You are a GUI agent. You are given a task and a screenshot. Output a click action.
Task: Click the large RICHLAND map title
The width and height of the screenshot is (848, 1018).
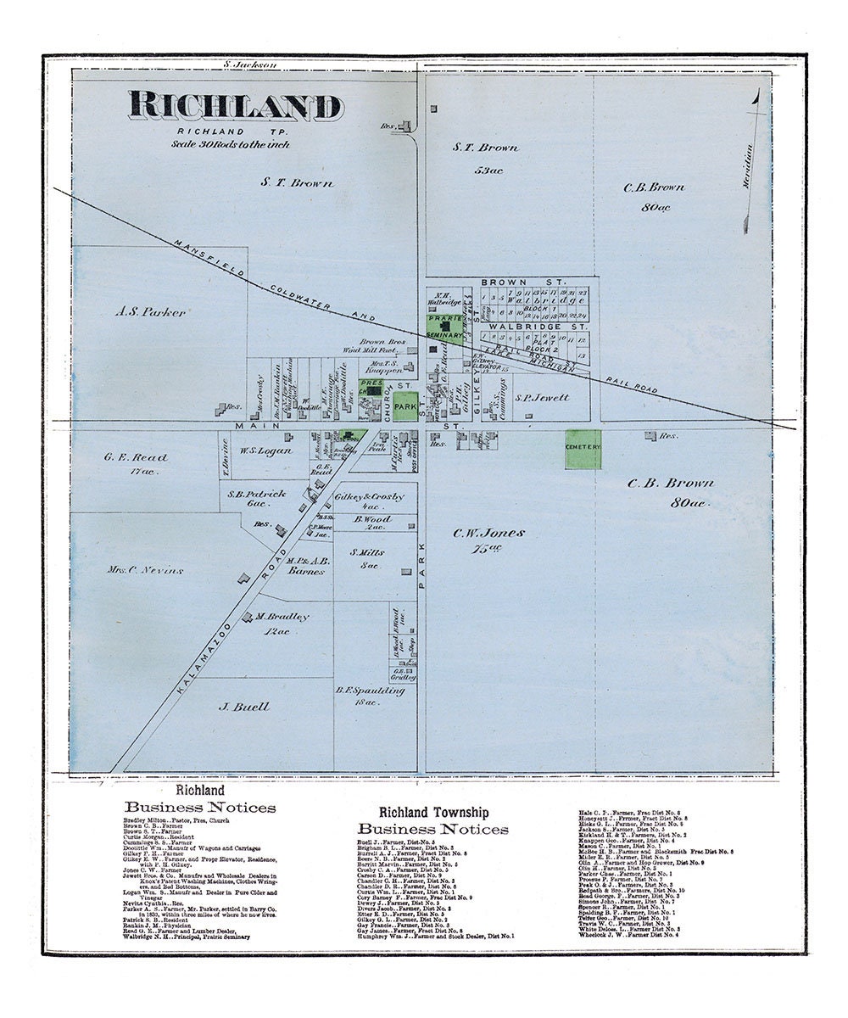coord(236,106)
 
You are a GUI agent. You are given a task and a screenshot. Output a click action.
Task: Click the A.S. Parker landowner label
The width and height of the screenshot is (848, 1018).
coord(150,312)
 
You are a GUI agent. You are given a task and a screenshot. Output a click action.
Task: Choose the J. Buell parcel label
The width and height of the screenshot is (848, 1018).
coord(244,707)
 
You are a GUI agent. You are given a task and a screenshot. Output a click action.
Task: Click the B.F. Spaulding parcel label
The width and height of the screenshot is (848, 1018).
coord(371,691)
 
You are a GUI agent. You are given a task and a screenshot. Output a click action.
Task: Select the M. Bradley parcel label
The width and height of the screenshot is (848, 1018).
coord(283,617)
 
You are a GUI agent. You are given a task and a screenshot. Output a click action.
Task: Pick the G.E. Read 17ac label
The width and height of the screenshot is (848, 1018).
coord(136,457)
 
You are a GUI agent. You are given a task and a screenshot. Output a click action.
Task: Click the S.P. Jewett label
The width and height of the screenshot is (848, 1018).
coord(543,397)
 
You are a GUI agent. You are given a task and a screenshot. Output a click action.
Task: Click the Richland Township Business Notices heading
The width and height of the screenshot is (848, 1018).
coord(433,820)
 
